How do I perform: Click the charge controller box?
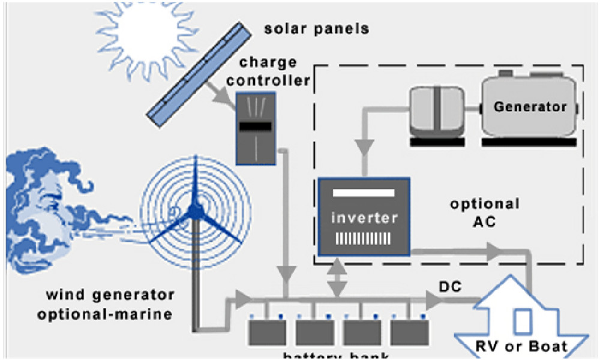click(256, 128)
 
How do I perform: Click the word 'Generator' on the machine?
click(530, 107)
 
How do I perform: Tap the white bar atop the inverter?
click(364, 193)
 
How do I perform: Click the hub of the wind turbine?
click(194, 210)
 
